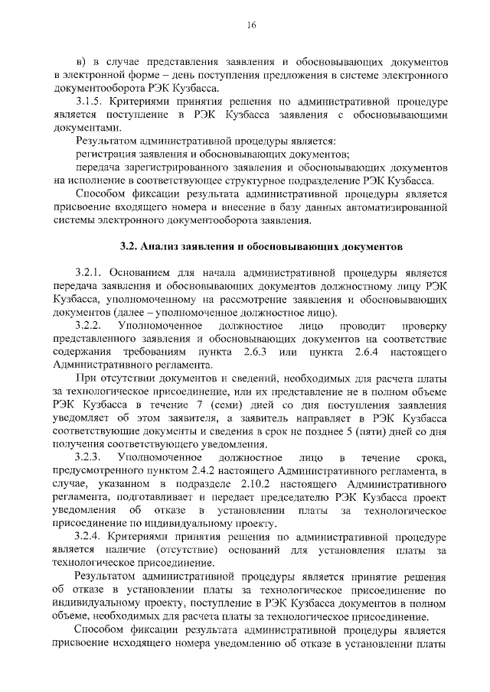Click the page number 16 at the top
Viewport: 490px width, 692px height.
pos(250,25)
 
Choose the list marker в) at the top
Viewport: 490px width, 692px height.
pos(81,61)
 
